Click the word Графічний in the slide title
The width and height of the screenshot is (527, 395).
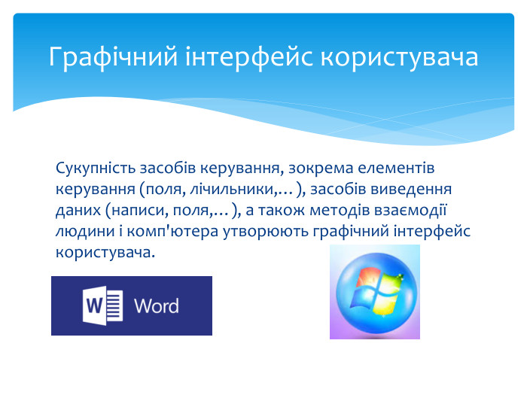coord(113,57)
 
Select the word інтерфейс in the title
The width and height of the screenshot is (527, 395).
coord(249,57)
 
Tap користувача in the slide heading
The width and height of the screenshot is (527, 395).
coord(399,57)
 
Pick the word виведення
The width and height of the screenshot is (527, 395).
coord(411,189)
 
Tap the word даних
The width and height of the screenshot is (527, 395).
coord(78,211)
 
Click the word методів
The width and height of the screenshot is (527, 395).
coord(339,211)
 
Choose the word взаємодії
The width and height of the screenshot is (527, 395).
coord(410,210)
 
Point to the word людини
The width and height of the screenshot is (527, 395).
coord(85,232)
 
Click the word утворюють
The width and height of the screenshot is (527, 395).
coord(266,232)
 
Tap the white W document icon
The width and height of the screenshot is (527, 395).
coord(102,305)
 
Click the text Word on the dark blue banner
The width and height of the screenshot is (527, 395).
coord(157,306)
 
